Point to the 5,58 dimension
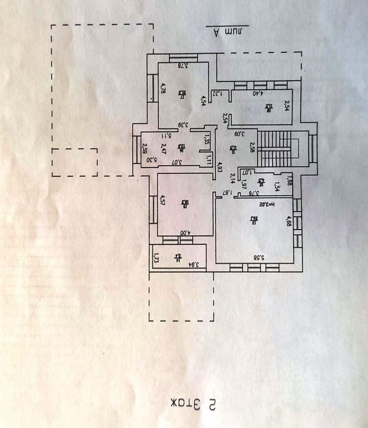[260, 257]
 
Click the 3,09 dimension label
[240, 133]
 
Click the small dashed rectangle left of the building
[74, 162]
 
